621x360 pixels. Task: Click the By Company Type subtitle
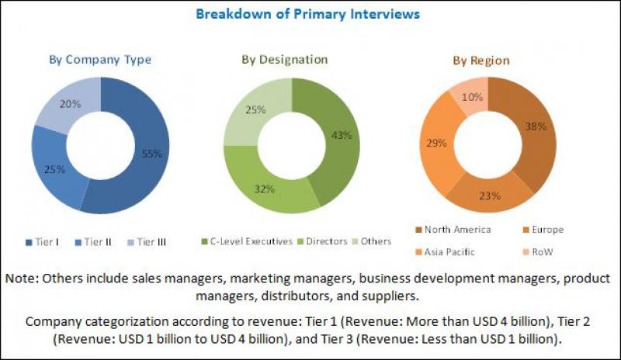(100, 60)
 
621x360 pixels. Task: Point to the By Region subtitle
(481, 61)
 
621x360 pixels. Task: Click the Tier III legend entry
(151, 241)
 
